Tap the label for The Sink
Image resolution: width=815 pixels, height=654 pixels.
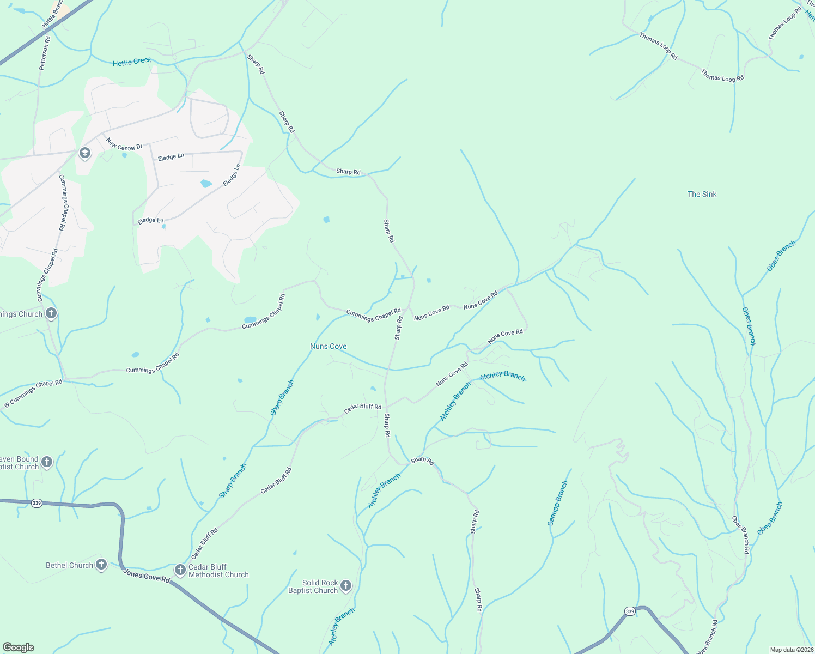pos(702,194)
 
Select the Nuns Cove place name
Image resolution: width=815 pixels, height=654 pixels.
pos(328,346)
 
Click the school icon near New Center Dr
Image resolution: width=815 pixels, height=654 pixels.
pos(85,153)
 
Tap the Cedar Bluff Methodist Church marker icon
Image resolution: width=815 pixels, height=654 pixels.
pos(180,570)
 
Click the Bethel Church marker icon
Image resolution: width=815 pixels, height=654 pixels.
pos(101,565)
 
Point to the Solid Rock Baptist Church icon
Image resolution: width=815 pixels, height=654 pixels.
pos(346,586)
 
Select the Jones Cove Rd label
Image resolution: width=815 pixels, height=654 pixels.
pos(146,576)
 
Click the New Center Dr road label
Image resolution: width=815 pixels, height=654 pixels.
pos(124,144)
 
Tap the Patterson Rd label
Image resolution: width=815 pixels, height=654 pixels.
pos(45,53)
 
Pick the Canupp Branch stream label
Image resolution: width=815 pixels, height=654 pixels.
pos(557,503)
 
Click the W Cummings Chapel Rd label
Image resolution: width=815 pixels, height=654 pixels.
pos(33,393)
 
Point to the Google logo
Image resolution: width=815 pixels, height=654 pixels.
pos(18,647)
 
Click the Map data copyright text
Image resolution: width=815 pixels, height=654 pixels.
pos(791,650)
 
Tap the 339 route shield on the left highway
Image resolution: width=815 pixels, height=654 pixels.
pos(37,503)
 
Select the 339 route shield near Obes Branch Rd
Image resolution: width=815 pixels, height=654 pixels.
pos(630,611)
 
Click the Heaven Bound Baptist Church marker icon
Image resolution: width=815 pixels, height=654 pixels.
pos(47,463)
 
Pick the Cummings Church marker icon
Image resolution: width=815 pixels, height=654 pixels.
pos(51,313)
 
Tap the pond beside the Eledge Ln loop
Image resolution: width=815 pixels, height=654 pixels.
pos(206,184)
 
